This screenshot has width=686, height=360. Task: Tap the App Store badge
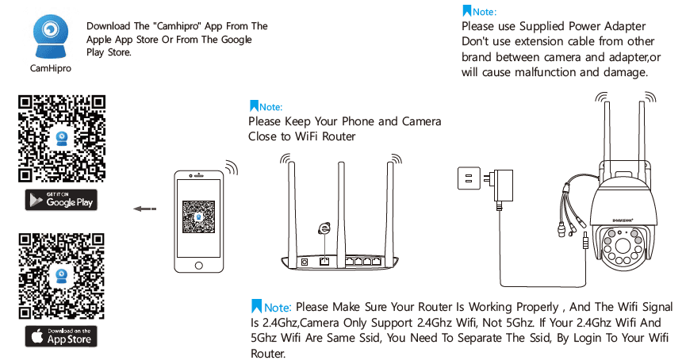(61, 335)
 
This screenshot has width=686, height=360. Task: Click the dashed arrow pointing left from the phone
(144, 209)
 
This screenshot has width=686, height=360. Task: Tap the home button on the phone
(198, 265)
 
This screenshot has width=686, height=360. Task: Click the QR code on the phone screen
(198, 216)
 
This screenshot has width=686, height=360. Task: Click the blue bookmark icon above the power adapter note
(466, 11)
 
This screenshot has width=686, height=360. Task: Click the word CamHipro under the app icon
(50, 69)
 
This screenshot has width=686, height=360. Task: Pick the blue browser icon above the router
(324, 228)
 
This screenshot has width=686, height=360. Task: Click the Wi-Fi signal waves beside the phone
(231, 169)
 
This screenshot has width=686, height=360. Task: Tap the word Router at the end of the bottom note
(266, 354)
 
